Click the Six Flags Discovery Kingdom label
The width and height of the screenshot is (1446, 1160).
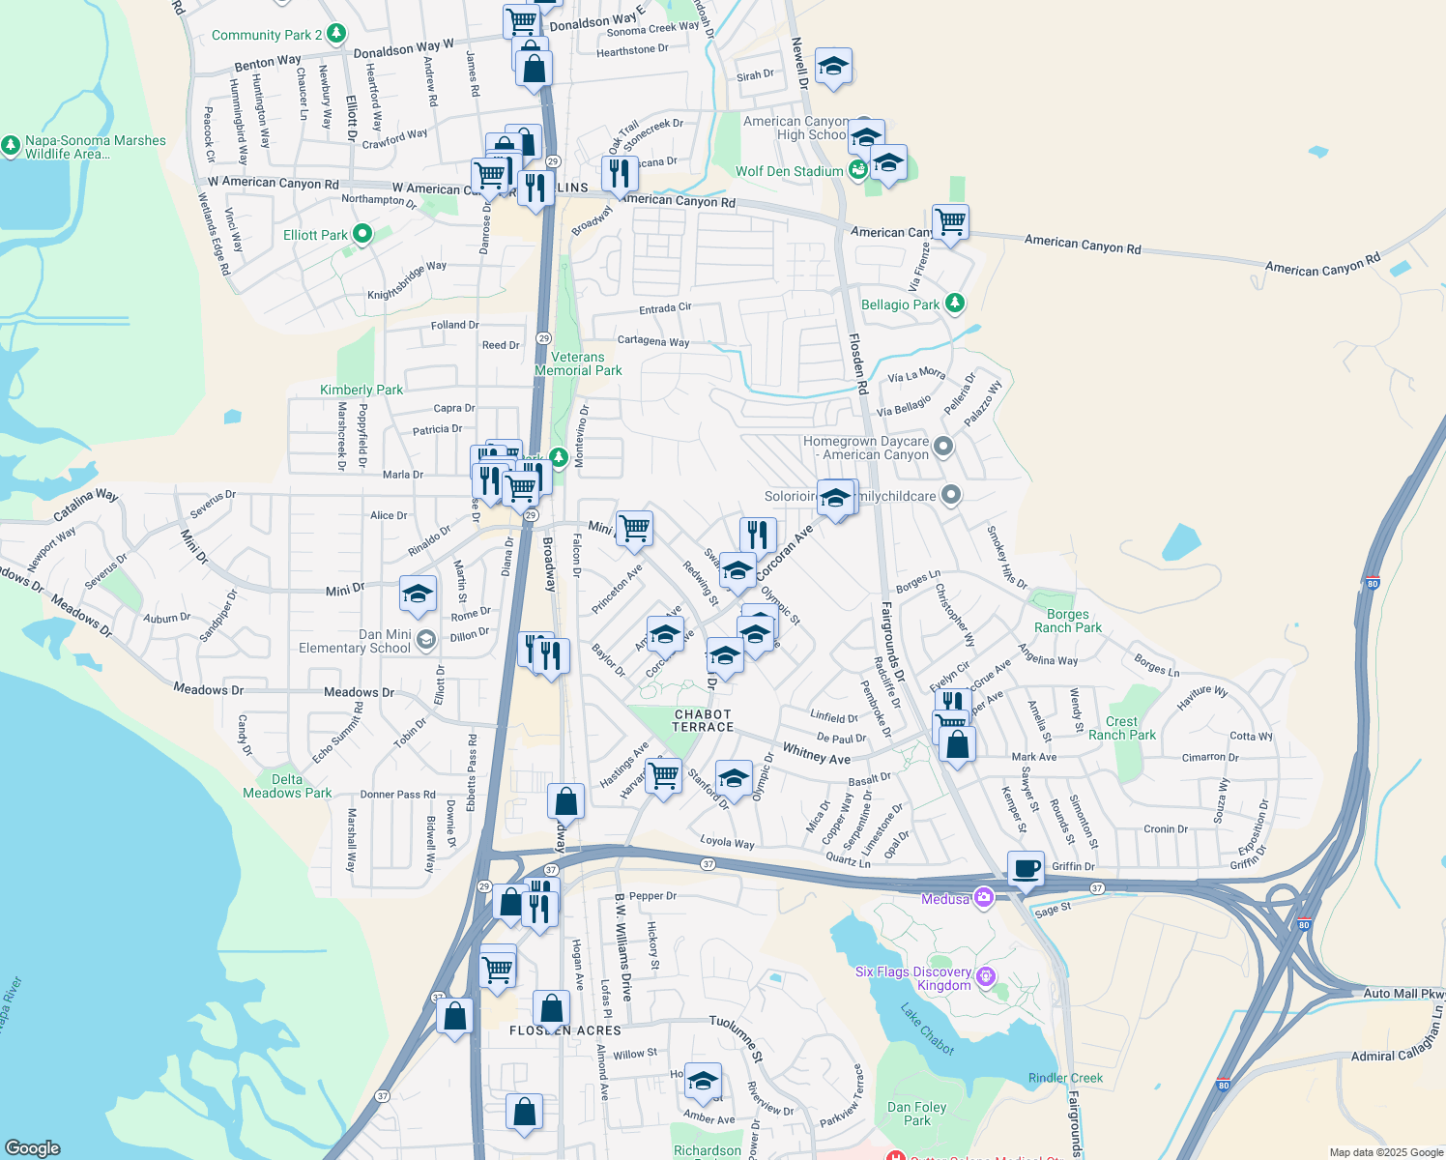(913, 978)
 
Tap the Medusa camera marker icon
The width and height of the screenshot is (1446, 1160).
(984, 898)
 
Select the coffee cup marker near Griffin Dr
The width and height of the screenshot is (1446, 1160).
(1026, 868)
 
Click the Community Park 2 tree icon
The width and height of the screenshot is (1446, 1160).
(335, 34)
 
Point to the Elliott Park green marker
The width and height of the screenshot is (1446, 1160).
(362, 234)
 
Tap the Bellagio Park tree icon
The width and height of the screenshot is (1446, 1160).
(955, 304)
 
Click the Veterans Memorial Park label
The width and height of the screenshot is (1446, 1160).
(578, 363)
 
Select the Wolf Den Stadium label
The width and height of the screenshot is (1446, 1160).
(789, 171)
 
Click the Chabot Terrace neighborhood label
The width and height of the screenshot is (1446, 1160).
(703, 721)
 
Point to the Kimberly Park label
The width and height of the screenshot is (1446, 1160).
(361, 390)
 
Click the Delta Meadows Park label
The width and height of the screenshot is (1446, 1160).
(287, 786)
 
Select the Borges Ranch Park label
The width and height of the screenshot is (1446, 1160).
(1067, 621)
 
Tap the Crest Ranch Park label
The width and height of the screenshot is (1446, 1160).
(1121, 728)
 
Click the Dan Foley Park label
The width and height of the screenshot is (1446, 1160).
(917, 1114)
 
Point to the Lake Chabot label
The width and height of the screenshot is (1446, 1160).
(927, 1029)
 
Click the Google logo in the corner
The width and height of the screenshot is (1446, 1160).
(33, 1147)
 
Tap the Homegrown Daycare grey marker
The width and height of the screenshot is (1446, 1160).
(944, 447)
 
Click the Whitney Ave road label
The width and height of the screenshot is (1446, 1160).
(816, 753)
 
